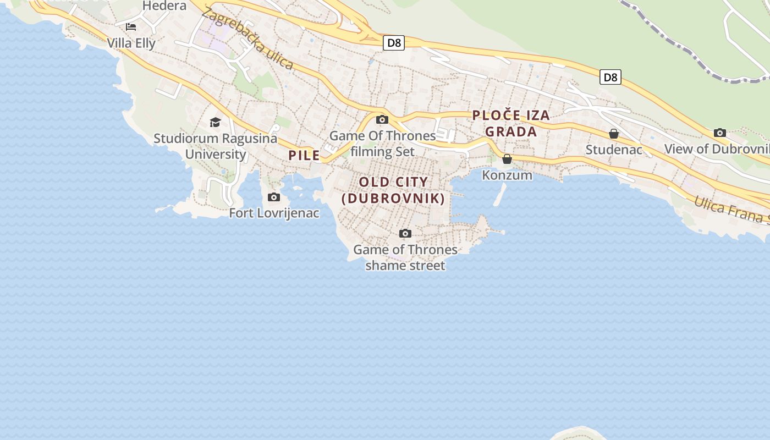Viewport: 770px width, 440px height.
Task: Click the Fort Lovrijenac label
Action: (x=274, y=213)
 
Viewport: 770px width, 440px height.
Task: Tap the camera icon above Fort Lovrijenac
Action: (x=274, y=197)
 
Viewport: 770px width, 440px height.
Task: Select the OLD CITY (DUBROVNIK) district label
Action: (x=393, y=190)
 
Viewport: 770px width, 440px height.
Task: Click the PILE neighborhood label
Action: (x=304, y=156)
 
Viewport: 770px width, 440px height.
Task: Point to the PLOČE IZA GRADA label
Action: (x=511, y=123)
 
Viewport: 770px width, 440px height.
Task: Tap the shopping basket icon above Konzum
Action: (x=507, y=159)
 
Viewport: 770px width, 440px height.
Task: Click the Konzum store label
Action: (x=507, y=175)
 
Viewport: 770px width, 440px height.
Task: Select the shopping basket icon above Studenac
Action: (x=614, y=134)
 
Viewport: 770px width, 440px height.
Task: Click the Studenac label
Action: (x=614, y=150)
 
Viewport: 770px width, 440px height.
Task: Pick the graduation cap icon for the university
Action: (x=215, y=122)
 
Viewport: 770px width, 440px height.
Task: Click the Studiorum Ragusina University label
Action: (x=215, y=146)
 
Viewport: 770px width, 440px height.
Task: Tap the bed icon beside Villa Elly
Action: (x=131, y=26)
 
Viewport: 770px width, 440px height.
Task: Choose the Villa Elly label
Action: (x=131, y=43)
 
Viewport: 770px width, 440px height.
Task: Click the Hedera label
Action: (x=164, y=6)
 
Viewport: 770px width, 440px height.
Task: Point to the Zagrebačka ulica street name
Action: (x=248, y=38)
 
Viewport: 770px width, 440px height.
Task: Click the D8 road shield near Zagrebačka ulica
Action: (x=394, y=43)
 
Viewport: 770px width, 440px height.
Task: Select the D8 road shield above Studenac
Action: (x=610, y=77)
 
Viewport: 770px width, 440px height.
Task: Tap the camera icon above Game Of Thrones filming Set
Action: (x=382, y=119)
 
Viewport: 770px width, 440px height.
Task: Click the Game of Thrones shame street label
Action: (x=405, y=257)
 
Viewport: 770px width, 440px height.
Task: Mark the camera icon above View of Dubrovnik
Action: (x=719, y=133)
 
